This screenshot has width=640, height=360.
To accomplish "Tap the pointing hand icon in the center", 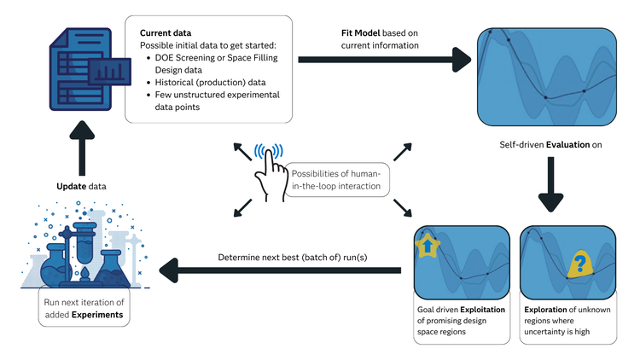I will coord(271,167).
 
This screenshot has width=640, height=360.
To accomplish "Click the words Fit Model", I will coord(358,32).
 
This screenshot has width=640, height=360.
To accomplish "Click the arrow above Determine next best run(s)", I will coord(282,272).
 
